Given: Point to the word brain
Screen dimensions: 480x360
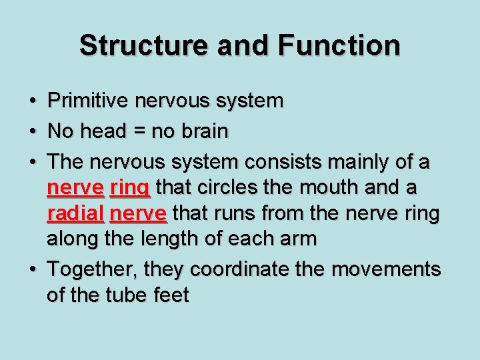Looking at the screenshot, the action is coord(204,131).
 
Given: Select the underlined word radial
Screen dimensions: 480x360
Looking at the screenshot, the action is coord(75,213).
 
